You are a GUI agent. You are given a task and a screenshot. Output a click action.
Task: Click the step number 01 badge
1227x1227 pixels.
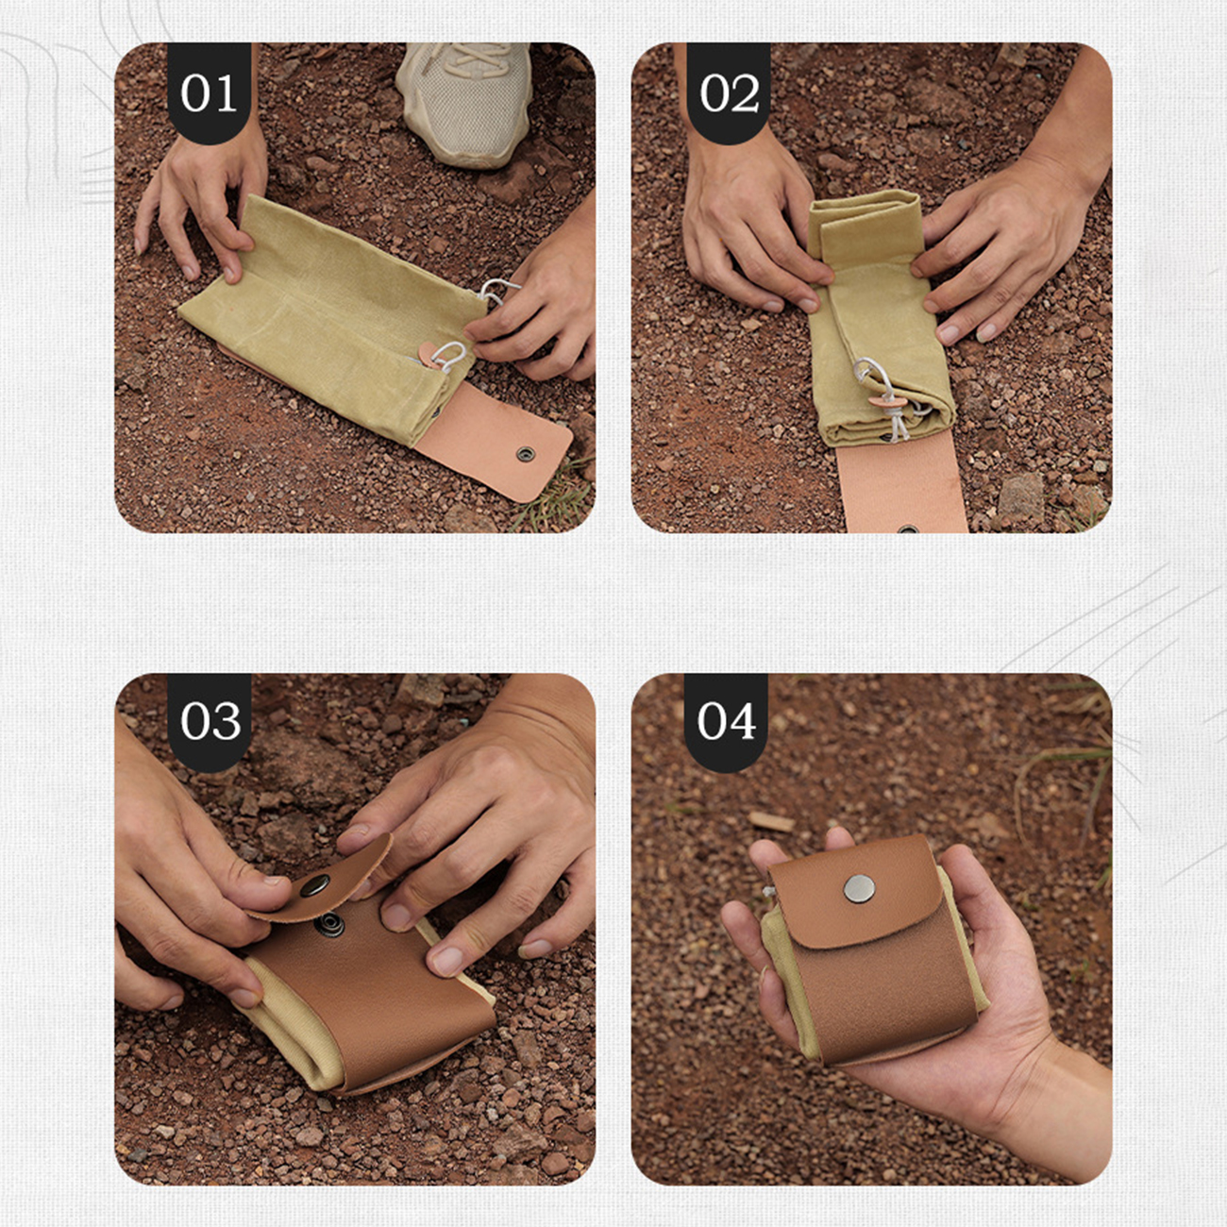pos(209,92)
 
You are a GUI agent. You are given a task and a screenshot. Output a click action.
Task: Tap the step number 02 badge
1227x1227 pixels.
pos(728,92)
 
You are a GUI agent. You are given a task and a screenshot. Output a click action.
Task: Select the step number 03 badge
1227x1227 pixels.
pos(210,721)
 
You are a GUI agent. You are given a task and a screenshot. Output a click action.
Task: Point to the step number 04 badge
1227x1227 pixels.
pos(726,721)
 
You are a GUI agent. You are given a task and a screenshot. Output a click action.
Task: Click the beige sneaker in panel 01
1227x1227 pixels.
pos(464,102)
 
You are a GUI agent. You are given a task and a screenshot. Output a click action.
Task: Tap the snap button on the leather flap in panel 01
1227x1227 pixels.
pos(526,454)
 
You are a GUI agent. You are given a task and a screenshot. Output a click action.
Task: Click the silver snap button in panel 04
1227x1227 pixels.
pos(858,888)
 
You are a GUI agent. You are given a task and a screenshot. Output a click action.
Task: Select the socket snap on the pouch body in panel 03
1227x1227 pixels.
pos(332,924)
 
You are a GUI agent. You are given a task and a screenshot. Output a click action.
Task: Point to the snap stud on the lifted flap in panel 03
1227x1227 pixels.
pos(315,885)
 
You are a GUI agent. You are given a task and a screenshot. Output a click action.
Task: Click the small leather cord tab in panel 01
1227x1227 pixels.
pos(431,353)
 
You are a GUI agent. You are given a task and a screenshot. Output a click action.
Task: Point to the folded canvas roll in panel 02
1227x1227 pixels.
pos(879,318)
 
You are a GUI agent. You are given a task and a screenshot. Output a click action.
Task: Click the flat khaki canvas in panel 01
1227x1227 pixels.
pos(331,318)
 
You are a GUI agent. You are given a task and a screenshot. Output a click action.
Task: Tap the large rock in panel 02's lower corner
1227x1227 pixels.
pos(1020,497)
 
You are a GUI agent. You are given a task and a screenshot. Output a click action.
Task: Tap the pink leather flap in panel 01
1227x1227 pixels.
pos(494,439)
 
